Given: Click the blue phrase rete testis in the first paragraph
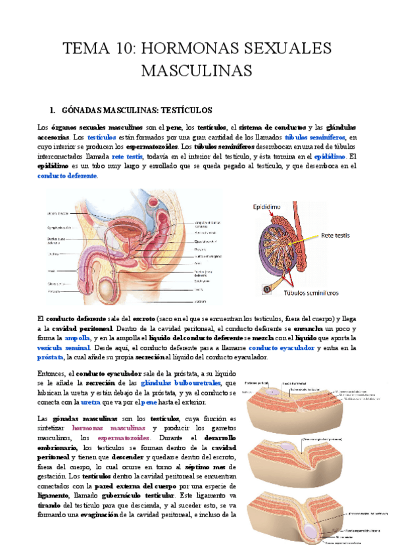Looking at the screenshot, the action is (x=128, y=157).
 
